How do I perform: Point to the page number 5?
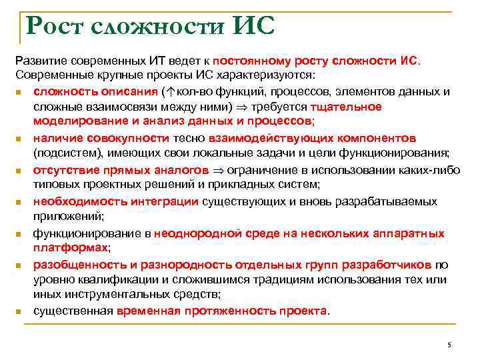click(x=449, y=344)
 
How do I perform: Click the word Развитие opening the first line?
click(x=41, y=61)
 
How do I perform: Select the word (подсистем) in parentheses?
click(x=64, y=153)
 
